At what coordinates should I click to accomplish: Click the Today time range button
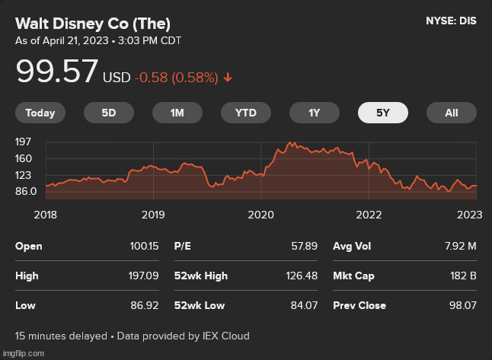tap(40, 113)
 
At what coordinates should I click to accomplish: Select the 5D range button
tap(109, 113)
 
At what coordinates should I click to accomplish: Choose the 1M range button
tap(177, 113)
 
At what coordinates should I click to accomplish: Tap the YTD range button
tap(245, 113)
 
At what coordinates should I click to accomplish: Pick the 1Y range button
tap(314, 113)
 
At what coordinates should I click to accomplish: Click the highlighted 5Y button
tap(382, 113)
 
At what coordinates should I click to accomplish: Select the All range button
tap(452, 113)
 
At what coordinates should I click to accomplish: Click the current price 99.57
tap(57, 72)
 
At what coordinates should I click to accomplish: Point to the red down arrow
tap(228, 78)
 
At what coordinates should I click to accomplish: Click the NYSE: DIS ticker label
tap(451, 21)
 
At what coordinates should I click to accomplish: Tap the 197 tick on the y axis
tap(23, 142)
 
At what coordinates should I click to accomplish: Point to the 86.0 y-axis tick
tap(25, 191)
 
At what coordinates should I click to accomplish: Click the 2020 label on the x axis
tap(261, 215)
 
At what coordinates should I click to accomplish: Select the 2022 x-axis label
tap(369, 215)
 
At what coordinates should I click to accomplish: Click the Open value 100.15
tap(145, 247)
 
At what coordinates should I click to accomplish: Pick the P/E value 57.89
tap(303, 247)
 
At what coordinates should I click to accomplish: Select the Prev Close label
tap(359, 305)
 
